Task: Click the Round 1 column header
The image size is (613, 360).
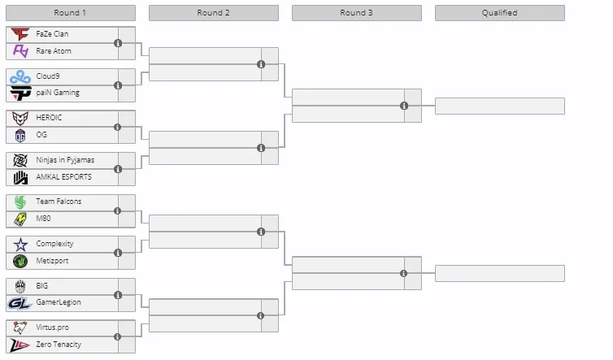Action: [71, 13]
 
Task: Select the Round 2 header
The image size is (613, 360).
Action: [214, 13]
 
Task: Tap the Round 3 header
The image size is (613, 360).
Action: [357, 13]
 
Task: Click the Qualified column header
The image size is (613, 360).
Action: [500, 13]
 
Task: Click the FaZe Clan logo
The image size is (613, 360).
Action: [20, 34]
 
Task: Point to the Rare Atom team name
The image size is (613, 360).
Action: [54, 51]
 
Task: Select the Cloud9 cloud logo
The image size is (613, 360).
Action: [20, 76]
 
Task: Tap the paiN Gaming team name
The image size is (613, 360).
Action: [58, 93]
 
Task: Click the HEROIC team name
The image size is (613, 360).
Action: [49, 118]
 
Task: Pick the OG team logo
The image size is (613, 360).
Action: [20, 135]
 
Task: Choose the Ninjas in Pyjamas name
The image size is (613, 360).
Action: [65, 160]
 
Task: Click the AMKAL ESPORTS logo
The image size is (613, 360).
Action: [20, 177]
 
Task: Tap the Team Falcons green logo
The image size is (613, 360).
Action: [20, 202]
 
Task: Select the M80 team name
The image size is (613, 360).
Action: [43, 218]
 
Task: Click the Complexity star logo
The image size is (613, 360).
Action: [20, 245]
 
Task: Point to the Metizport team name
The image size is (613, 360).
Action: [52, 261]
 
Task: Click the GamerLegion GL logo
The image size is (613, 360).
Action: [20, 303]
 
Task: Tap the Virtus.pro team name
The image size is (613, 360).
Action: [52, 327]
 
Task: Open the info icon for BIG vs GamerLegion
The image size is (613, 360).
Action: [118, 295]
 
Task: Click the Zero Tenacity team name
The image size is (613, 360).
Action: [59, 345]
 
